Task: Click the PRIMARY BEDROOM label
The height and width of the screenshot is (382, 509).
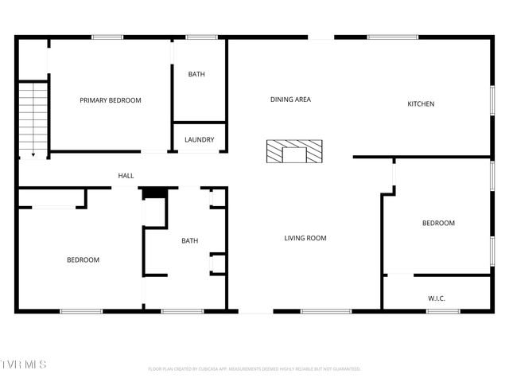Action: tap(110, 100)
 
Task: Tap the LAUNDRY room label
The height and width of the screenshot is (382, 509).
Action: tap(199, 140)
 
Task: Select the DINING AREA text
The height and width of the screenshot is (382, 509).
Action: tap(290, 99)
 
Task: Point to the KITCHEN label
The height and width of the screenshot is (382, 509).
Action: tap(421, 104)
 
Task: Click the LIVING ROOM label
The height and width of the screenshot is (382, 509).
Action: tap(305, 238)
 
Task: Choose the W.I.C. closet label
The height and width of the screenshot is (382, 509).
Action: tap(437, 298)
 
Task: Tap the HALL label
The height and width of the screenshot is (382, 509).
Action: tap(126, 176)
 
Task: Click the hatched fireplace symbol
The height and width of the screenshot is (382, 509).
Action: tap(294, 151)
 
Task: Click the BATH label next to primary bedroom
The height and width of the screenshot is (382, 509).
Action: tap(196, 75)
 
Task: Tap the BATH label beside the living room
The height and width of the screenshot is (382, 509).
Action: tap(189, 241)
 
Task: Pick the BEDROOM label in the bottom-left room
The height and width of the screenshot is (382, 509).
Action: tap(83, 260)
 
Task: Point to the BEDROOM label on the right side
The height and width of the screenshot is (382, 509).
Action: tap(438, 224)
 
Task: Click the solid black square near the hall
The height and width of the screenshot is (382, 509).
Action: tap(153, 193)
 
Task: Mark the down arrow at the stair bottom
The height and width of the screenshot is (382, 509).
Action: tap(33, 154)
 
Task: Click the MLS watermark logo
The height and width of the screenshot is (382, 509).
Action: tap(24, 364)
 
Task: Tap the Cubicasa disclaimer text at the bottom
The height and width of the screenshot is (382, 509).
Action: tap(254, 368)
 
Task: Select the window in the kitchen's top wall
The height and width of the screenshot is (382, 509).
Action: tap(393, 37)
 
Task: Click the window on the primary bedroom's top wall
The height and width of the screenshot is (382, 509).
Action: tap(107, 37)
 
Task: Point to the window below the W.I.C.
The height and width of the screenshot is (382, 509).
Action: tap(443, 310)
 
